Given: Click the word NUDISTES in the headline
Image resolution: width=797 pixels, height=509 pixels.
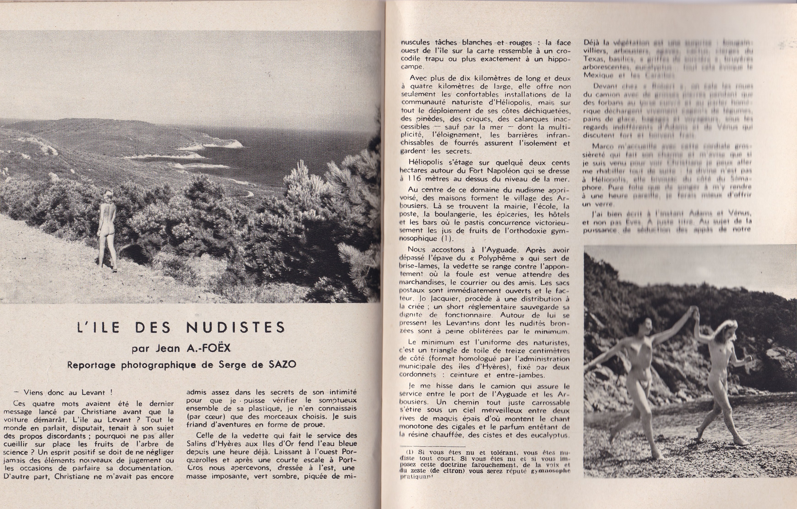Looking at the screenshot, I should (x=235, y=327).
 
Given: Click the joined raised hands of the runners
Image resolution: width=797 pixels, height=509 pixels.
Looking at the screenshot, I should (x=694, y=311).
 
